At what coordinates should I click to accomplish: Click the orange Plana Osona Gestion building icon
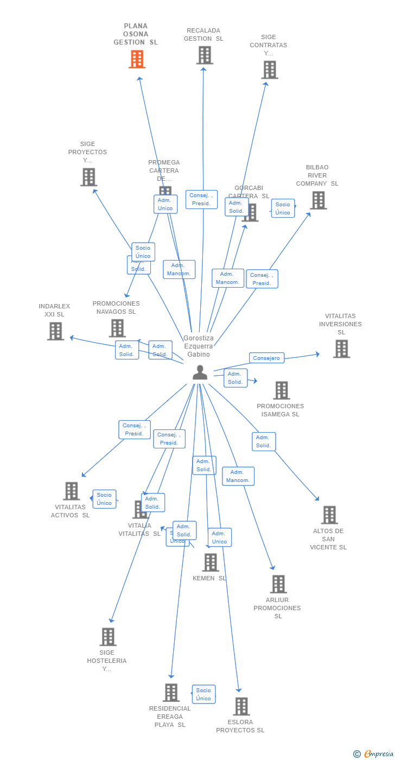[137, 59]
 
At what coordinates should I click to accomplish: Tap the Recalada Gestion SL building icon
[205, 55]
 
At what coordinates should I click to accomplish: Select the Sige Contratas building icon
[270, 70]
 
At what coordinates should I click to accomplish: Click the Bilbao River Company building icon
[318, 200]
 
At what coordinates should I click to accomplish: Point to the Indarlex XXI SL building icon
[55, 331]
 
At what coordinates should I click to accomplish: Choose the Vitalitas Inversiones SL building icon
[341, 349]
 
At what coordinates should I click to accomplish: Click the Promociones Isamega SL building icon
[281, 390]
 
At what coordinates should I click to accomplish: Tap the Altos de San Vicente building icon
[329, 515]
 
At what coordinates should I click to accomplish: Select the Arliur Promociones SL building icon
[278, 584]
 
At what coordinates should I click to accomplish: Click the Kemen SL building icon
[211, 562]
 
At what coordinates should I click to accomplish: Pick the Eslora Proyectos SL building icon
[241, 706]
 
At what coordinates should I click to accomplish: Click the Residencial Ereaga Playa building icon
[171, 693]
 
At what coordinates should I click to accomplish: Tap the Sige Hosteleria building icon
[108, 637]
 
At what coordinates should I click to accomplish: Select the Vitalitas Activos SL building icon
[72, 491]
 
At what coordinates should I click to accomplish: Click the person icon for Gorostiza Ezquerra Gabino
[200, 372]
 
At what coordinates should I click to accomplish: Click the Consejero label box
[266, 358]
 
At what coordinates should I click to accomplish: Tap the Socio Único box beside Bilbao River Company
[283, 208]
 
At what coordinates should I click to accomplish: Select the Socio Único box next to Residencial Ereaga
[203, 694]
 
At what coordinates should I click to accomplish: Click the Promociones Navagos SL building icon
[117, 328]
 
